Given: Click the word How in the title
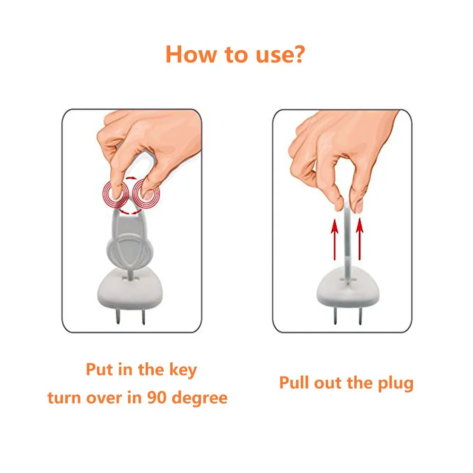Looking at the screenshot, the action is click(x=191, y=54).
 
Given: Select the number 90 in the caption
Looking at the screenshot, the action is click(x=157, y=397).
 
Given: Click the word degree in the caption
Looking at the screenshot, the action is click(x=200, y=398).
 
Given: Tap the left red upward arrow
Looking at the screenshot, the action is click(x=334, y=240).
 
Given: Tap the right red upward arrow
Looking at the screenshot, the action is click(x=359, y=239).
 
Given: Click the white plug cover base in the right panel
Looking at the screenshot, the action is click(x=348, y=288).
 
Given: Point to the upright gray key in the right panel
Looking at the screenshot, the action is click(x=348, y=241).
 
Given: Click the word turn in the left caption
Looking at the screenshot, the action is click(x=64, y=398).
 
